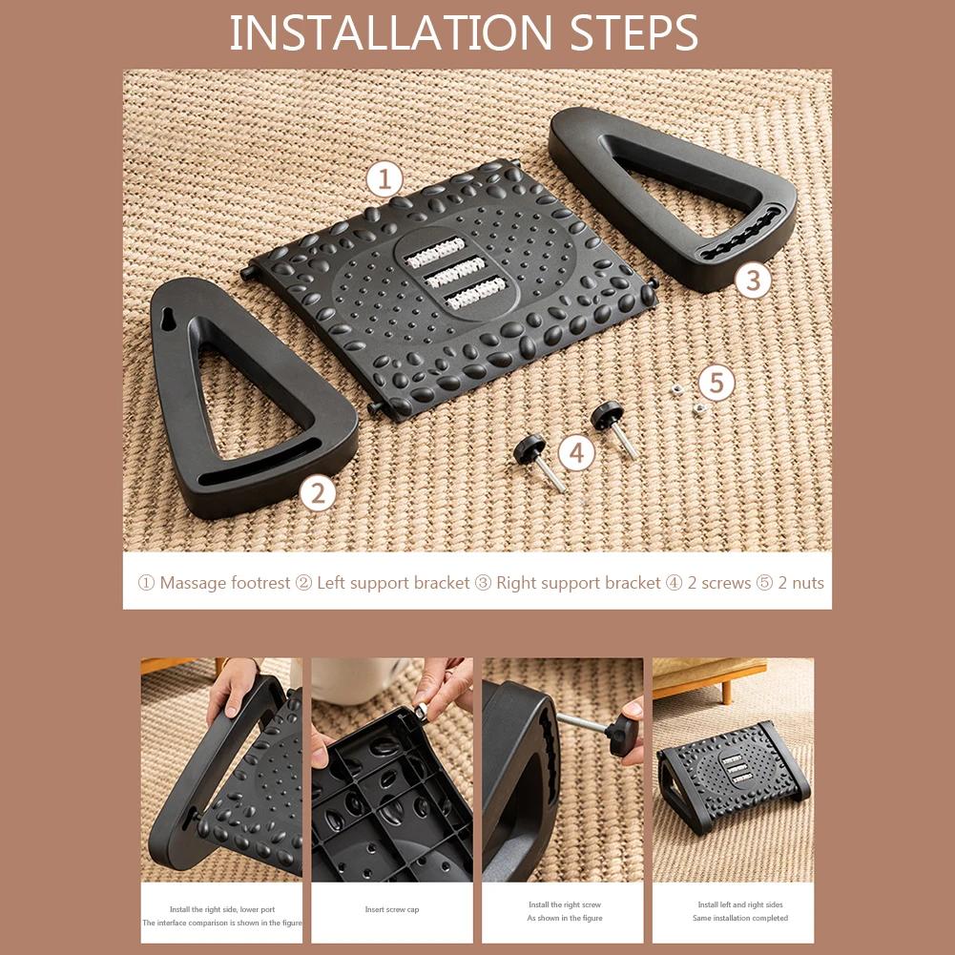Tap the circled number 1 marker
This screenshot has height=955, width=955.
tap(384, 178)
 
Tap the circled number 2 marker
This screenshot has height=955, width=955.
tap(318, 493)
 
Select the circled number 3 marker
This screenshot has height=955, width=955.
tap(754, 280)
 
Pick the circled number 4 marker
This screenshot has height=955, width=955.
tap(576, 452)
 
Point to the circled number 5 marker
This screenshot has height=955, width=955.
tap(716, 384)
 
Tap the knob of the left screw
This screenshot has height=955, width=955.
tap(529, 447)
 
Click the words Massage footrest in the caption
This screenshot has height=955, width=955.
tap(224, 583)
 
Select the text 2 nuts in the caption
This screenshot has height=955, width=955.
tap(800, 583)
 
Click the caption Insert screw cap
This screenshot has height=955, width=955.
tap(392, 909)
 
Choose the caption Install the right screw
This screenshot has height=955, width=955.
tap(565, 904)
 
